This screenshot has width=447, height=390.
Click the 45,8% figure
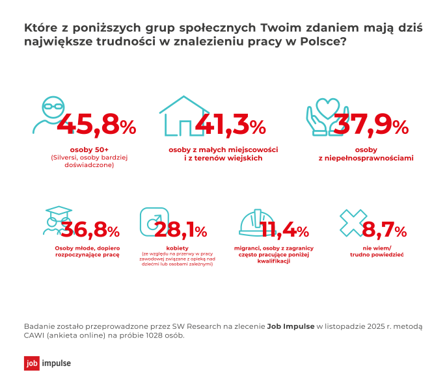pyautogui.click(x=96, y=124)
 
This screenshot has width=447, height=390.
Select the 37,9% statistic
pyautogui.click(x=370, y=124)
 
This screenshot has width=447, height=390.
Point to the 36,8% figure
pyautogui.click(x=87, y=230)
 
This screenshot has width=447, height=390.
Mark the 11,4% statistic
pyautogui.click(x=284, y=230)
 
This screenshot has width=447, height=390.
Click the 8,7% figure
pyautogui.click(x=384, y=230)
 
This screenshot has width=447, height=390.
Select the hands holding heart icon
pyautogui.click(x=323, y=115)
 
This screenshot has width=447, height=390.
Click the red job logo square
pyautogui.click(x=32, y=363)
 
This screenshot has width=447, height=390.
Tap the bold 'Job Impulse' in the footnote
pyautogui.click(x=291, y=326)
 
